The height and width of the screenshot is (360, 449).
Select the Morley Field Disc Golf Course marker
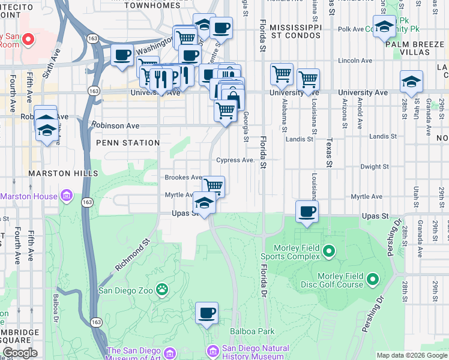point(373,279)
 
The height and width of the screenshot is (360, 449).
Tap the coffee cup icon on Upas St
point(307,211)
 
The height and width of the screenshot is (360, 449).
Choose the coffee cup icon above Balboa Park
point(206,313)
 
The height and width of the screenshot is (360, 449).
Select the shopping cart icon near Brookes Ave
point(213,185)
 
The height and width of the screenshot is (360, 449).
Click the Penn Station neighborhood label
point(128,143)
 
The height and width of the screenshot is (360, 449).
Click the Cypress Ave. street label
point(236,160)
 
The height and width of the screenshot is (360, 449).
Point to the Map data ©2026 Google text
point(412,355)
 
